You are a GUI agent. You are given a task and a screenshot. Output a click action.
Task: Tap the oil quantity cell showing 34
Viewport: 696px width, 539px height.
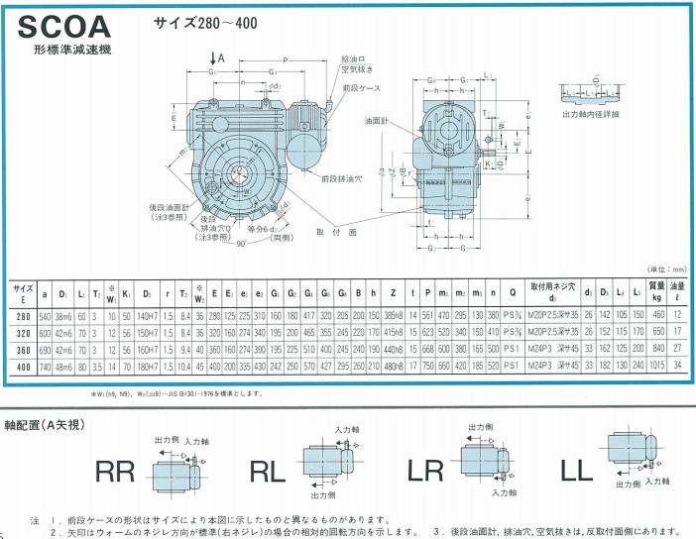point(678,367)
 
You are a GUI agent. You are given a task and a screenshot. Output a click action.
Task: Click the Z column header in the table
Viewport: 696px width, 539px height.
point(393,293)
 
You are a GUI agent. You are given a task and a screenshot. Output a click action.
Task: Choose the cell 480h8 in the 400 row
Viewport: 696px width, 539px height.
point(394,367)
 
